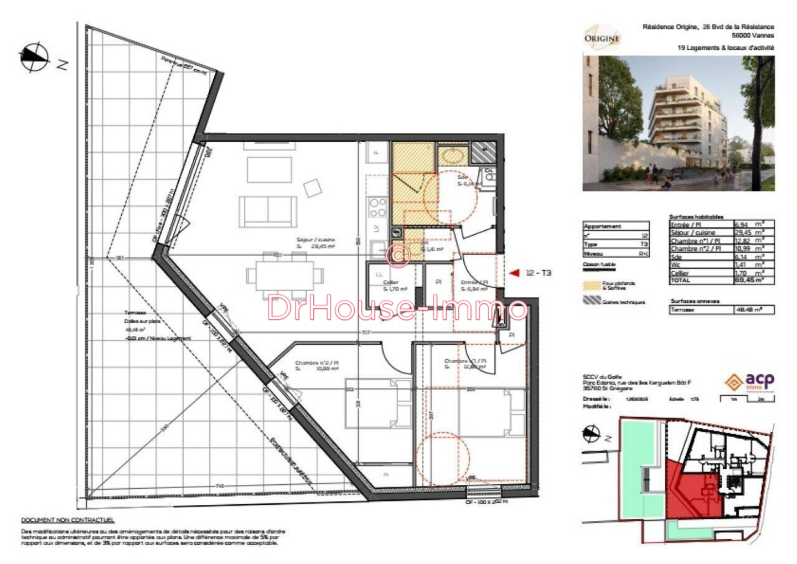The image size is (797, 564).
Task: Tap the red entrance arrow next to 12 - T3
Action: coord(514,272)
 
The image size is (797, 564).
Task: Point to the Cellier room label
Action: coord(391,283)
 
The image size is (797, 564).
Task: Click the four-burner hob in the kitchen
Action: coord(378,208)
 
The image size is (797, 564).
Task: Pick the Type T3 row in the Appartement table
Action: coord(615,244)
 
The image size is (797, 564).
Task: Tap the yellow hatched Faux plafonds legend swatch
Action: coord(592,286)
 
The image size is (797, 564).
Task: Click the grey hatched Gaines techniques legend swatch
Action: coord(592,301)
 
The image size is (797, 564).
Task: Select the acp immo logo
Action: coord(750,381)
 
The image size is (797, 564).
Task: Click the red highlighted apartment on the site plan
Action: coord(692,493)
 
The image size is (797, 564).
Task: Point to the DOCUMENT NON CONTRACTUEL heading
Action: coord(68,520)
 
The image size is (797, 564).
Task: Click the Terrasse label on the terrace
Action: coord(135,313)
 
